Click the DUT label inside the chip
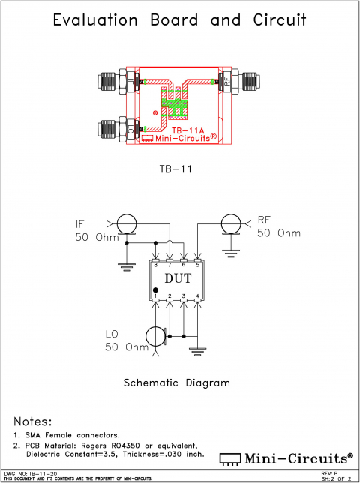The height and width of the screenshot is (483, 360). (x=178, y=279)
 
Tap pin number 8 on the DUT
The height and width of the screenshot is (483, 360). (x=155, y=265)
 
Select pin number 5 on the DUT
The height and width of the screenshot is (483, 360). (x=198, y=265)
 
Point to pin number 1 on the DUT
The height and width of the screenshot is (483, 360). (x=155, y=295)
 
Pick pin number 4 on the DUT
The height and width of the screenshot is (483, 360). (x=198, y=295)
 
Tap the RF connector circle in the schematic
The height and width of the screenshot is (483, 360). (x=232, y=223)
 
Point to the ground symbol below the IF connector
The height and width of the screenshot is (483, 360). (x=125, y=264)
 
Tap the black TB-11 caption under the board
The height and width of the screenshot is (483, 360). (x=177, y=169)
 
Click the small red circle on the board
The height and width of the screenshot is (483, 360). (x=155, y=113)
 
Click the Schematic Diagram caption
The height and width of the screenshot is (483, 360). (x=177, y=382)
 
